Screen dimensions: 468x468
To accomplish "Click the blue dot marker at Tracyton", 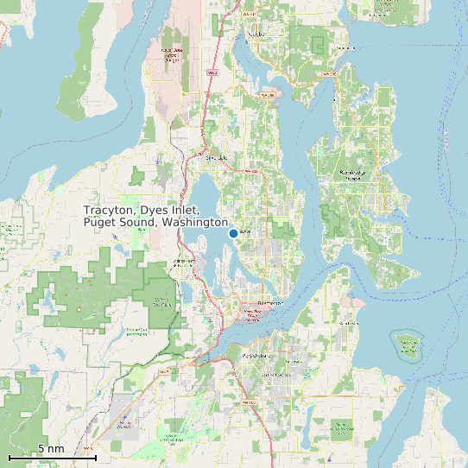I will tap(233, 233).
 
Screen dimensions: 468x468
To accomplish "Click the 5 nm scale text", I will tap(51, 449).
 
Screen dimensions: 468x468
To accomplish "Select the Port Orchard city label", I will tap(256, 355).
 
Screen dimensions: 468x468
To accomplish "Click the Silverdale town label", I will tap(216, 158).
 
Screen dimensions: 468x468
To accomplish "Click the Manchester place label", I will tap(348, 323).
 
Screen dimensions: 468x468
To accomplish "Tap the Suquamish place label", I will tap(378, 15).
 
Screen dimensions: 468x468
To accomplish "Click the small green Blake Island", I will tap(406, 345).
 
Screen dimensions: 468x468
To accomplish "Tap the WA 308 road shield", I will tap(267, 90).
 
